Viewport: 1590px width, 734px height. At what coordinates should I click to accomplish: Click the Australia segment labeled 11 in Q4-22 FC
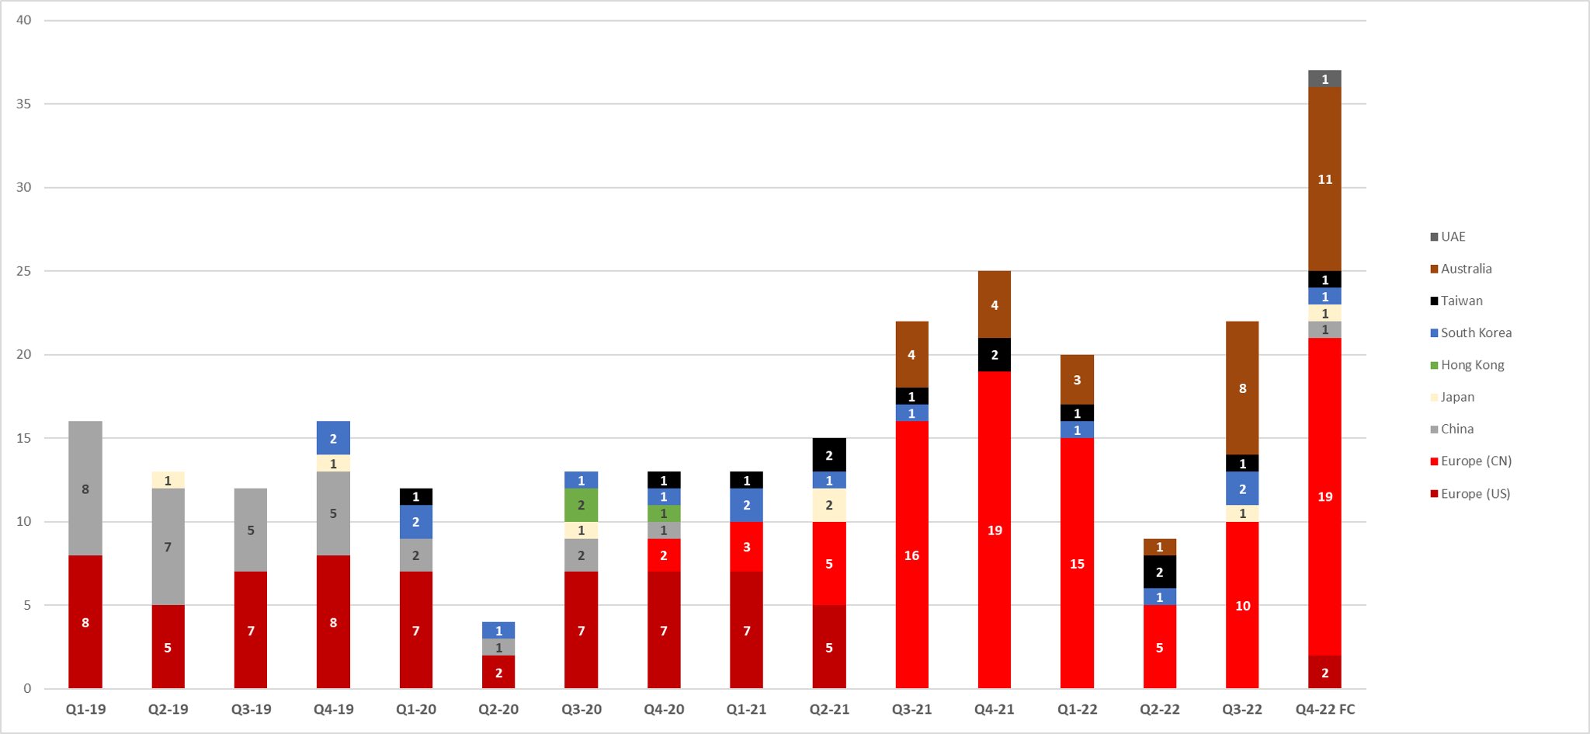point(1324,179)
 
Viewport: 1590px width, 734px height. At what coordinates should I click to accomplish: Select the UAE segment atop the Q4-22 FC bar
point(1324,79)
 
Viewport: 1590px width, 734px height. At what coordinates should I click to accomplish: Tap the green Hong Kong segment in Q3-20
point(581,505)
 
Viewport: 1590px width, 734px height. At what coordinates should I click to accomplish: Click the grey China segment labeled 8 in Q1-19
point(85,489)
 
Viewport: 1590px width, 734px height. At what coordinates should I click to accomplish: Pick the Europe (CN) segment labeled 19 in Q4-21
point(995,530)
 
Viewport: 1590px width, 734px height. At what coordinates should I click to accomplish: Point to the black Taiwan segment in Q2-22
point(1159,572)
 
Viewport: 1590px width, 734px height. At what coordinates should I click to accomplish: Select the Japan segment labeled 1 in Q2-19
point(168,480)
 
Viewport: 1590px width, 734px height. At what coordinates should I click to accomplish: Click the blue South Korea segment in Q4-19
point(333,438)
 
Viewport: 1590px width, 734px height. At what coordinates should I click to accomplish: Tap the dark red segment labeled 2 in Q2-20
point(498,673)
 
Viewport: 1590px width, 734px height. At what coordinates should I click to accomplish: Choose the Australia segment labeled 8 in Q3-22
point(1242,388)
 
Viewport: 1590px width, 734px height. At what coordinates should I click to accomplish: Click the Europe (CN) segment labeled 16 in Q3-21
point(911,555)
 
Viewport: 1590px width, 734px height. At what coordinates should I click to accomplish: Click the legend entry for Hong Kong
point(1471,365)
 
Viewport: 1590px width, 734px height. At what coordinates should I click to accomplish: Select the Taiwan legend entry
point(1461,301)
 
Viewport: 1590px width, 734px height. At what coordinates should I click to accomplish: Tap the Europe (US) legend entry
point(1474,494)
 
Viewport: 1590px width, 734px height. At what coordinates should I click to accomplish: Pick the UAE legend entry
point(1453,237)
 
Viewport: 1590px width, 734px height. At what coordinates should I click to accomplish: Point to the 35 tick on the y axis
point(23,104)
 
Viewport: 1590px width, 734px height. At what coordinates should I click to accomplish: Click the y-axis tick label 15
point(23,438)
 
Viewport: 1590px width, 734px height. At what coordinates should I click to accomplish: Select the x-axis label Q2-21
point(829,709)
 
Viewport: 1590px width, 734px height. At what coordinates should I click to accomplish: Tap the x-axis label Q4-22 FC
point(1324,709)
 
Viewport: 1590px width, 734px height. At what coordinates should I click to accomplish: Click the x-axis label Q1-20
point(415,709)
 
